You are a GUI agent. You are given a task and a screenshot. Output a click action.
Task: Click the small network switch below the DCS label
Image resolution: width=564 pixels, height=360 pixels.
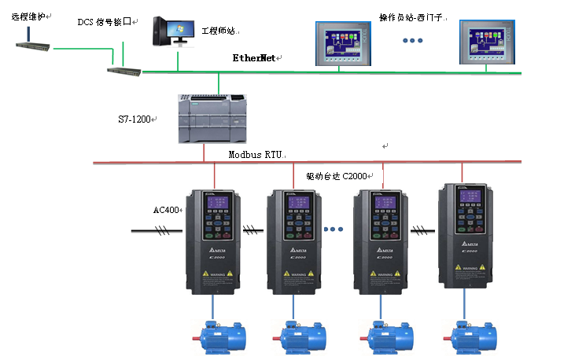tap(126, 72)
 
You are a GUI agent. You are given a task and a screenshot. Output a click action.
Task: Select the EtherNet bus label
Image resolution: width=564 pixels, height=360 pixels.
tap(256, 58)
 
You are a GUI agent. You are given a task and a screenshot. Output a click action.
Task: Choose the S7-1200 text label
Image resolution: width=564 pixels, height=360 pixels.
tap(135, 119)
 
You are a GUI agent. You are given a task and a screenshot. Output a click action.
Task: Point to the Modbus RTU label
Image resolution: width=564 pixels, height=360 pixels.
tap(256, 155)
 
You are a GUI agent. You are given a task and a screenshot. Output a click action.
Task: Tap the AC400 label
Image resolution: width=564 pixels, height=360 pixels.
tap(167, 211)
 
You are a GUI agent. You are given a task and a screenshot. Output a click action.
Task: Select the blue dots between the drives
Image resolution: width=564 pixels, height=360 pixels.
tap(334, 230)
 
